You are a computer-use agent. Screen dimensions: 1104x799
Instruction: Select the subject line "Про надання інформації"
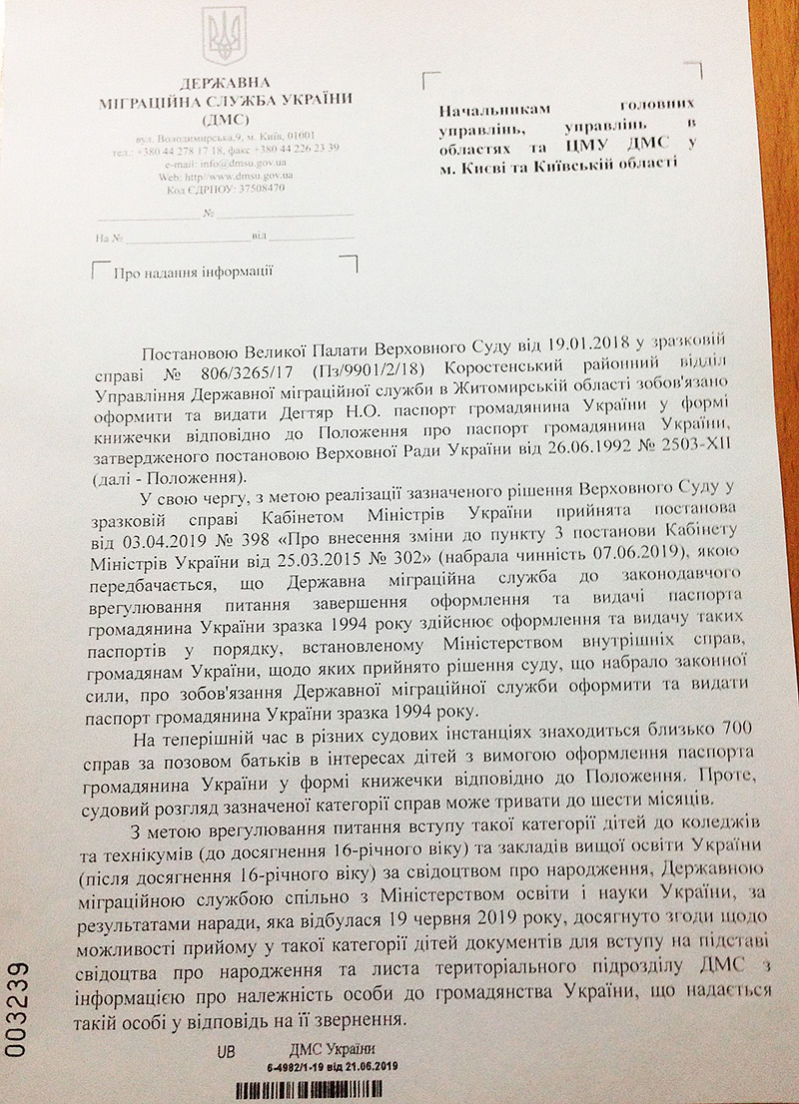coord(194,272)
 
